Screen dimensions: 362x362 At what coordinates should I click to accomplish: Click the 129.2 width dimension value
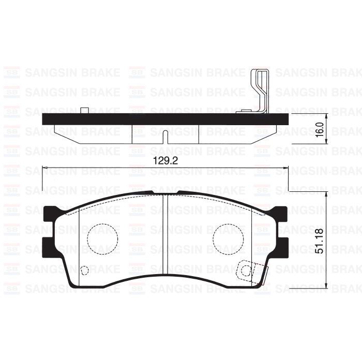(165, 161)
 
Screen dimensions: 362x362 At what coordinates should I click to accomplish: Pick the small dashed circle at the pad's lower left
(85, 269)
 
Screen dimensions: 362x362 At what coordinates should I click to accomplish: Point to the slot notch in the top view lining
(164, 137)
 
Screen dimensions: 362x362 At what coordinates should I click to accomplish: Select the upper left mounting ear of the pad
(50, 214)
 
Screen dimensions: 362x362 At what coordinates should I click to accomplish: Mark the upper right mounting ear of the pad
(279, 214)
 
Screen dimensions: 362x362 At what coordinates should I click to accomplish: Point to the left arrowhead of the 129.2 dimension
(44, 167)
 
